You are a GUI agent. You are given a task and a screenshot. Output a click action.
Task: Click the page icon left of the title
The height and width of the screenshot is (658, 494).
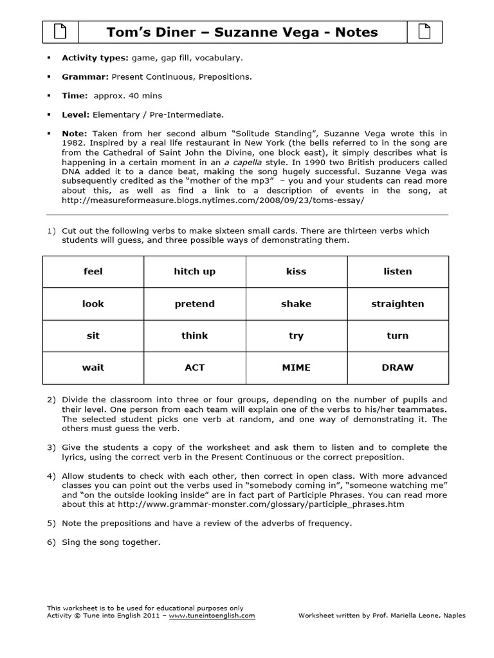point(60,31)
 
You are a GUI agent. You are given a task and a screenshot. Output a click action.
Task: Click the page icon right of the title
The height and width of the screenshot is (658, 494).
point(425,31)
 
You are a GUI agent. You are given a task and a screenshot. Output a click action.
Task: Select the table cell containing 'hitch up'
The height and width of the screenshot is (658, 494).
point(195,272)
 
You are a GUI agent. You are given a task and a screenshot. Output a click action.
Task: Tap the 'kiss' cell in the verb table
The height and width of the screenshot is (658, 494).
point(296,272)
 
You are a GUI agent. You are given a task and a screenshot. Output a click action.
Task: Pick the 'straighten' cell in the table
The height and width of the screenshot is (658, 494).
point(398,304)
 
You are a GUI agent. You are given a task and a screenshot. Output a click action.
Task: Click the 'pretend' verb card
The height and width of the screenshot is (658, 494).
point(195,304)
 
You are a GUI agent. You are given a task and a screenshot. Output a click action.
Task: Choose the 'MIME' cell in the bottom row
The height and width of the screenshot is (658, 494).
point(296,368)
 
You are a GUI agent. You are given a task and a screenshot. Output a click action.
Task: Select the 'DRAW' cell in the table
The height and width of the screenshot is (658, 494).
point(398,368)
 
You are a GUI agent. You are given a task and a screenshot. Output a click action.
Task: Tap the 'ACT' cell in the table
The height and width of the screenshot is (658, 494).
point(195,368)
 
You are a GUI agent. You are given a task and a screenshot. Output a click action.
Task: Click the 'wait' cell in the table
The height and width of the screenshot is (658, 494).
point(93,368)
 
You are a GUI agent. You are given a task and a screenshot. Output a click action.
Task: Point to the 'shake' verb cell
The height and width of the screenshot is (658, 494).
point(296,304)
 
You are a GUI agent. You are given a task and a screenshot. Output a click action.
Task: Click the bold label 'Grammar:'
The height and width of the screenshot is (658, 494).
point(85,76)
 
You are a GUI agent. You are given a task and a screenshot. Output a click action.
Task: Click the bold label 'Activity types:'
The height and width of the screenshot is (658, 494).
point(95,58)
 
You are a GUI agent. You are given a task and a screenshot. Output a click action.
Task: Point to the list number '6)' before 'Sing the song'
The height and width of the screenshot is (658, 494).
point(51,542)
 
